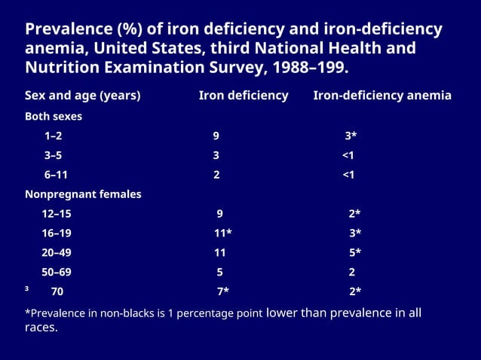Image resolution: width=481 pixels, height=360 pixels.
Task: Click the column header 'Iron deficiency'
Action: pos(244,96)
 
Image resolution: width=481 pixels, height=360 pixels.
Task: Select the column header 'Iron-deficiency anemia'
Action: pos(382,96)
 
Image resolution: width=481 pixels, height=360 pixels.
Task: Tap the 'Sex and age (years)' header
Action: pos(83,96)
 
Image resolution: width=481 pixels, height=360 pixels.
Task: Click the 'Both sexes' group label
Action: pos(54,117)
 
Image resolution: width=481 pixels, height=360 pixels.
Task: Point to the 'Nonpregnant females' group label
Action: pos(83,194)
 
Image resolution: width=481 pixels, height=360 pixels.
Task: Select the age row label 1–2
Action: pos(54,136)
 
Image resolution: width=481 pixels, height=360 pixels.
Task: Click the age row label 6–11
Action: pos(57,175)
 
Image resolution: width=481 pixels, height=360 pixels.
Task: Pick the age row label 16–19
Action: pos(57,233)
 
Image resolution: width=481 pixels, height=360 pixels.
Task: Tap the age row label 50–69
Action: pos(57,272)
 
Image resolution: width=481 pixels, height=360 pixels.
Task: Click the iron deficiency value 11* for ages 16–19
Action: pos(222,233)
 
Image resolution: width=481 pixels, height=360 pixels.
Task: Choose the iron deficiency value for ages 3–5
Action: pos(216,156)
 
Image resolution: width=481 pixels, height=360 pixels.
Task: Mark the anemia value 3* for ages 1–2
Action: pos(351,136)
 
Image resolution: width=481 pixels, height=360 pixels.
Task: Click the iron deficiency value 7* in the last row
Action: pos(222,291)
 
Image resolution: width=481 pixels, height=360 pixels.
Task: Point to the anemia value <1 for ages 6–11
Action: pos(348,175)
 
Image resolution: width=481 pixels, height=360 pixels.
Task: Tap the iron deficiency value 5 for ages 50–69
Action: pos(219,272)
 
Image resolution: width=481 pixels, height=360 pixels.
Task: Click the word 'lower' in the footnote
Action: pos(282,313)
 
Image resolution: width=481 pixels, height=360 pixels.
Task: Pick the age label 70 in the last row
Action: pos(57,291)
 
